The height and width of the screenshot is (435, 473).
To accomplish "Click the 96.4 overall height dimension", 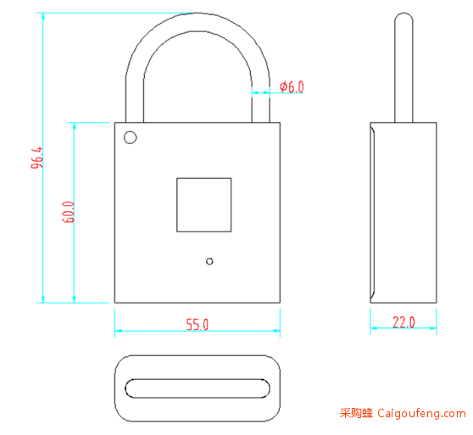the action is pyautogui.click(x=37, y=158).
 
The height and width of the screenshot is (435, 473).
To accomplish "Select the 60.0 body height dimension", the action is pyautogui.click(x=69, y=212).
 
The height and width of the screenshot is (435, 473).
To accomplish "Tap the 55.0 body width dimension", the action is pyautogui.click(x=198, y=324).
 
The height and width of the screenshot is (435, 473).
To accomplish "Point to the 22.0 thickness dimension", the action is pyautogui.click(x=403, y=322).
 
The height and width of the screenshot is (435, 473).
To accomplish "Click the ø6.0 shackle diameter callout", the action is pyautogui.click(x=292, y=86).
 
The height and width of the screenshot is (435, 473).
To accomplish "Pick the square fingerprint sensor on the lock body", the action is pyautogui.click(x=204, y=205).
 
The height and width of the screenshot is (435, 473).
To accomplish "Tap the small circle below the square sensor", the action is pyautogui.click(x=209, y=261).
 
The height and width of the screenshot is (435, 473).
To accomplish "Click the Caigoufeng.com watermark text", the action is pyautogui.click(x=422, y=413).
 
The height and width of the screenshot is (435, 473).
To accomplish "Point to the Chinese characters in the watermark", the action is pyautogui.click(x=356, y=413).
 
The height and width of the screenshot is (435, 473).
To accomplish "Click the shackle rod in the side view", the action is pyautogui.click(x=403, y=68).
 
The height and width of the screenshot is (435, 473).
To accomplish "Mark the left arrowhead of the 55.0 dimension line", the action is pyautogui.click(x=118, y=331).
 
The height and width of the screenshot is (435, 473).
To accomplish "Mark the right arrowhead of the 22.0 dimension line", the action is pyautogui.click(x=433, y=328).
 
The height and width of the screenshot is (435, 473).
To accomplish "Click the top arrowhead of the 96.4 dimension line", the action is pyautogui.click(x=43, y=17).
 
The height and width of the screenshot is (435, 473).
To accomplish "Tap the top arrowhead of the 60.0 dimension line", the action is pyautogui.click(x=75, y=126).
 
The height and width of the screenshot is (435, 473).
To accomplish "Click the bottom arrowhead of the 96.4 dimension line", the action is pyautogui.click(x=43, y=299).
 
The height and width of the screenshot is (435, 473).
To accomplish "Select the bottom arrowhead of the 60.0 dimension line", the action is pyautogui.click(x=75, y=299).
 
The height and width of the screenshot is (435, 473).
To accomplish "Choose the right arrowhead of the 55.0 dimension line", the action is pyautogui.click(x=276, y=331).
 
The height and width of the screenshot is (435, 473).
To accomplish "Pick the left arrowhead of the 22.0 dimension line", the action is pyautogui.click(x=374, y=328).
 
